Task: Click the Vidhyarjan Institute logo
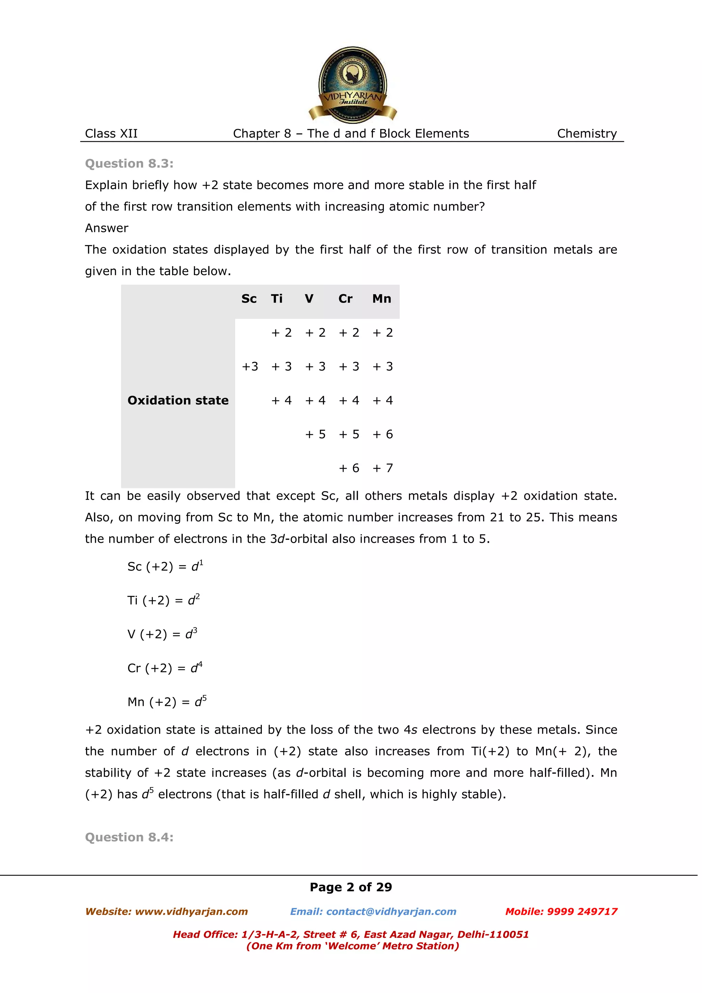tap(352, 85)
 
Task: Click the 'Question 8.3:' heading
tap(129, 163)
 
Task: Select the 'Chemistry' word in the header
tap(586, 134)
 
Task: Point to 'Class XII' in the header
tap(111, 134)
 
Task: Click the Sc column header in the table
tap(249, 299)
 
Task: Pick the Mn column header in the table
tap(382, 299)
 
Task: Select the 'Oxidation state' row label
tap(178, 401)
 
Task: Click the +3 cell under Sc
tap(250, 367)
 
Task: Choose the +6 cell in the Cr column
tap(349, 468)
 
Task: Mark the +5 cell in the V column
tap(315, 434)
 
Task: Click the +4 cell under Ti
tap(281, 401)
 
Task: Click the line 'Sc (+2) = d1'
tap(165, 566)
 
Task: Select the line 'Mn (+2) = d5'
tap(167, 701)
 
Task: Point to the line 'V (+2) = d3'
tap(162, 634)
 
